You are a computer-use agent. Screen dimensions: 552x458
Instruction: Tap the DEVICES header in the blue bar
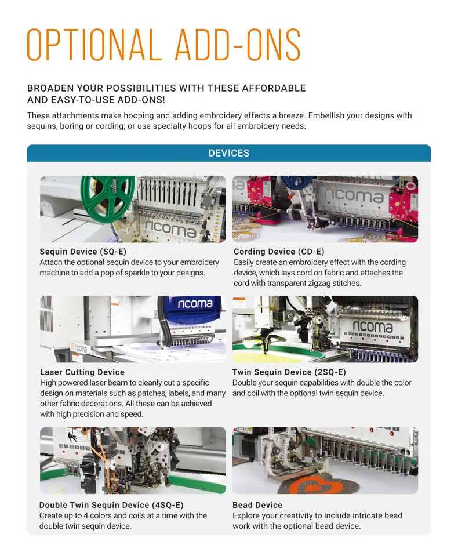[x=229, y=153]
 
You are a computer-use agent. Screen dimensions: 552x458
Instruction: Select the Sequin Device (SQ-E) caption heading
[x=83, y=252]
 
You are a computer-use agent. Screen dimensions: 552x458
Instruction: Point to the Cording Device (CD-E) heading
[x=279, y=252]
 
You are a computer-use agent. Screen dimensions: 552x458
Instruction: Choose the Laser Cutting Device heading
[x=82, y=372]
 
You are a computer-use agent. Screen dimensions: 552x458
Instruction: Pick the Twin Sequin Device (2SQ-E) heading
[x=289, y=372]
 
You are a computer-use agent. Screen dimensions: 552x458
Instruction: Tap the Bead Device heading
[x=257, y=505]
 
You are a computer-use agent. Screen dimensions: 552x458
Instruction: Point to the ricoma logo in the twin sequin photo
[x=372, y=328]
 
